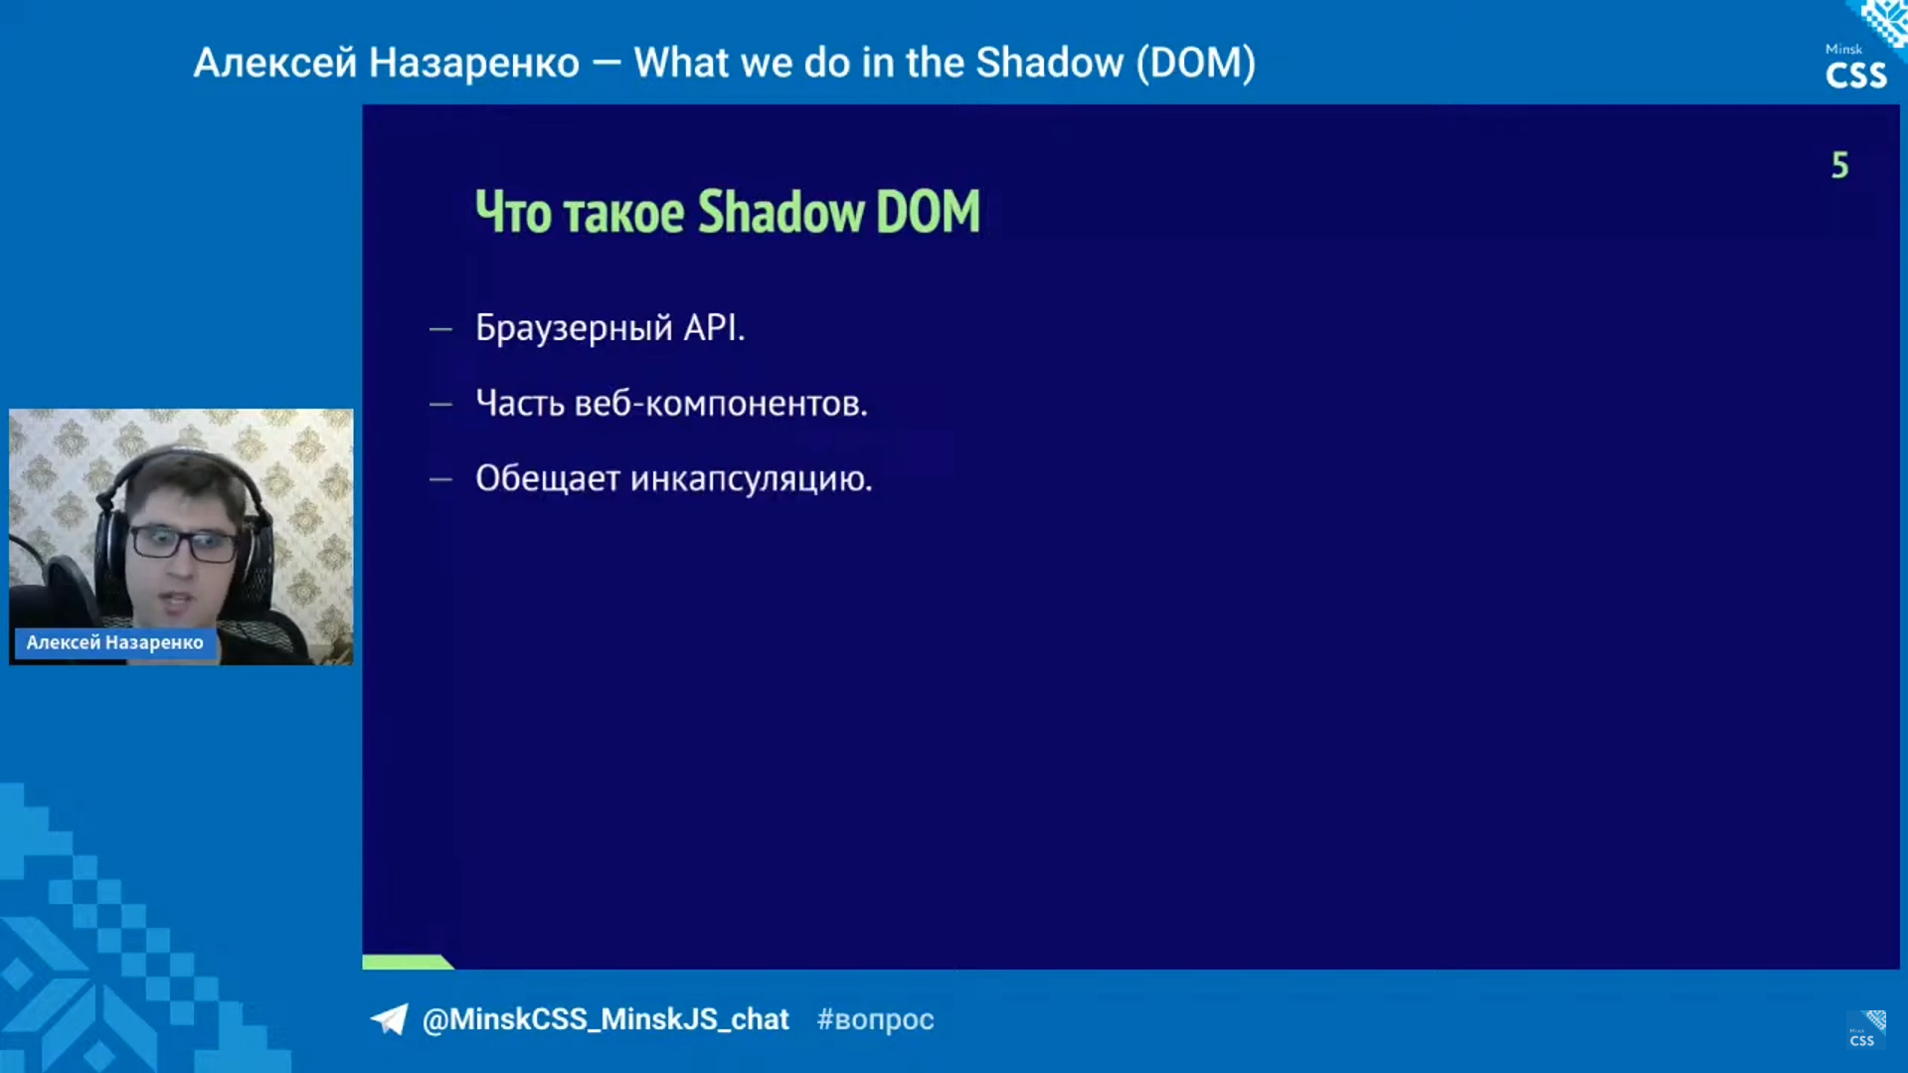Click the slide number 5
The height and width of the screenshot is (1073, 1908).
click(1839, 165)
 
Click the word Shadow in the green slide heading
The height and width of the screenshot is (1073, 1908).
click(781, 212)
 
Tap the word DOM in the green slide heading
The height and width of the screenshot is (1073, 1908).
click(927, 212)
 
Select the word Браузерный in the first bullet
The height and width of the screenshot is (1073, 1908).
click(574, 328)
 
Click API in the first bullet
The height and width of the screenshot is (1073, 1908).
click(713, 328)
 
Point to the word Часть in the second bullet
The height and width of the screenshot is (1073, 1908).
click(519, 404)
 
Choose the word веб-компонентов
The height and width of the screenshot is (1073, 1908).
click(721, 404)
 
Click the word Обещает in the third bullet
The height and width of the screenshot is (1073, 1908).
click(547, 479)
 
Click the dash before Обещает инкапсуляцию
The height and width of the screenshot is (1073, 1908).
click(440, 479)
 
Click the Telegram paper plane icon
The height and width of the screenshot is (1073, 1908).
click(389, 1019)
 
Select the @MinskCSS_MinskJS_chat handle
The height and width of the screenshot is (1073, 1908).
click(605, 1019)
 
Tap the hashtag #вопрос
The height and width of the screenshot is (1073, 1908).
click(875, 1019)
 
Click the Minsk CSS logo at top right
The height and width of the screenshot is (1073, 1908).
click(1856, 68)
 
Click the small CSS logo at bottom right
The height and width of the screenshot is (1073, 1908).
click(1866, 1031)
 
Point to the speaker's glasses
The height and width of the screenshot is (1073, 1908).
click(184, 543)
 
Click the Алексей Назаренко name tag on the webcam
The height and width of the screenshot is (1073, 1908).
click(114, 642)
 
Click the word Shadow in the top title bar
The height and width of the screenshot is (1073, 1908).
click(1048, 63)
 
